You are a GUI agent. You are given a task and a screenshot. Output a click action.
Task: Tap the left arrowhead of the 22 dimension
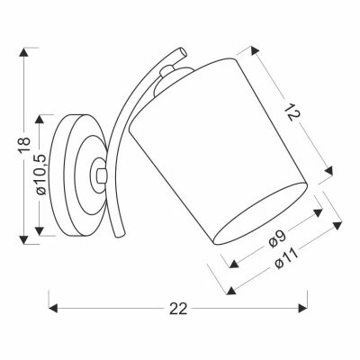coord(50,309)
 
